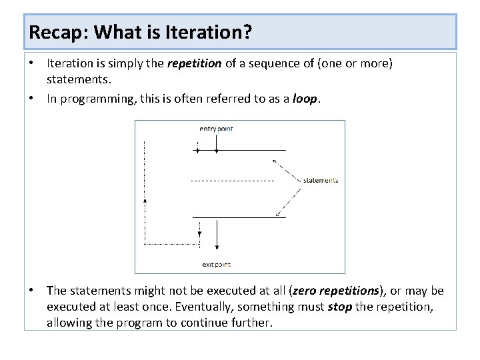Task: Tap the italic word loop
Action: [x=305, y=99]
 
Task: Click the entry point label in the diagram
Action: [x=217, y=129]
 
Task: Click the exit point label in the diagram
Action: [x=216, y=265]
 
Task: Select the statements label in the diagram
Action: [x=320, y=180]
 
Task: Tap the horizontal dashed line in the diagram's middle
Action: [x=232, y=181]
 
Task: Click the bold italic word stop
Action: [x=340, y=307]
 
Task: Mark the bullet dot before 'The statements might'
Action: [x=32, y=290]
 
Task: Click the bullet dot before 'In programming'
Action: [x=32, y=98]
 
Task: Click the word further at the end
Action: [x=253, y=323]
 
